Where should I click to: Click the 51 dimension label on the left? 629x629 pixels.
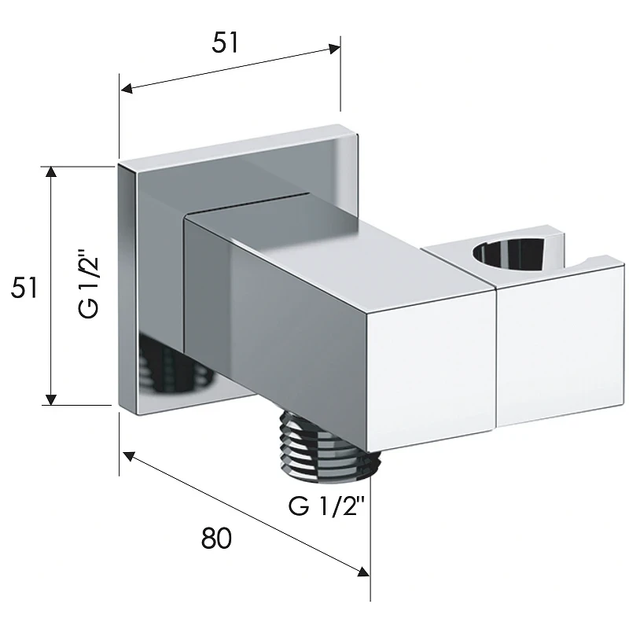coord(24,287)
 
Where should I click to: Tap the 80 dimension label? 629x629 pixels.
coord(216,538)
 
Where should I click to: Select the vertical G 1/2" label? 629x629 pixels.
coord(87,284)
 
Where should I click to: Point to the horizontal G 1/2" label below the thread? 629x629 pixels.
coord(326,506)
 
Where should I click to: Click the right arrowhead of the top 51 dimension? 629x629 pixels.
coord(335,49)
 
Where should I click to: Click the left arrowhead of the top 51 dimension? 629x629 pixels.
coord(127,88)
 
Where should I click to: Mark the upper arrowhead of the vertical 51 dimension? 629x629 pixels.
coord(50,171)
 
